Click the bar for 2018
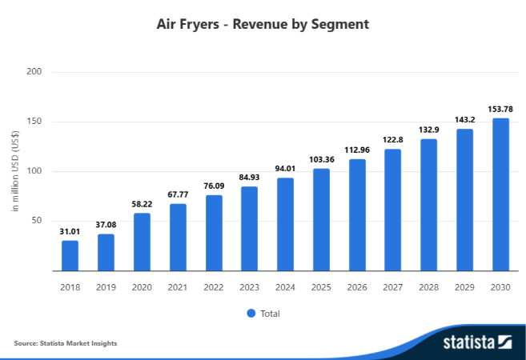(70, 255)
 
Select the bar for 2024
(285, 224)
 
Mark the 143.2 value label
(464, 121)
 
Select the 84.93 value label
(249, 178)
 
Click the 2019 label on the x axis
(106, 286)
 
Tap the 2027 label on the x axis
(392, 286)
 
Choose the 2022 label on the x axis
(213, 286)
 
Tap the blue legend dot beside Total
(251, 313)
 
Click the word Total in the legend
(270, 313)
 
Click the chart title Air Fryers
(263, 24)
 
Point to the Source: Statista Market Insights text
(66, 343)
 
